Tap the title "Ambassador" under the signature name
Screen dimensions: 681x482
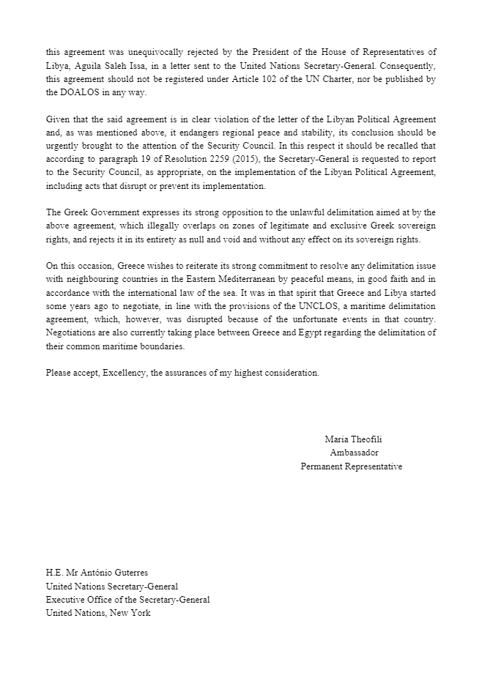tap(352, 453)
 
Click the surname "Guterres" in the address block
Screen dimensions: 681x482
tap(138, 573)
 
